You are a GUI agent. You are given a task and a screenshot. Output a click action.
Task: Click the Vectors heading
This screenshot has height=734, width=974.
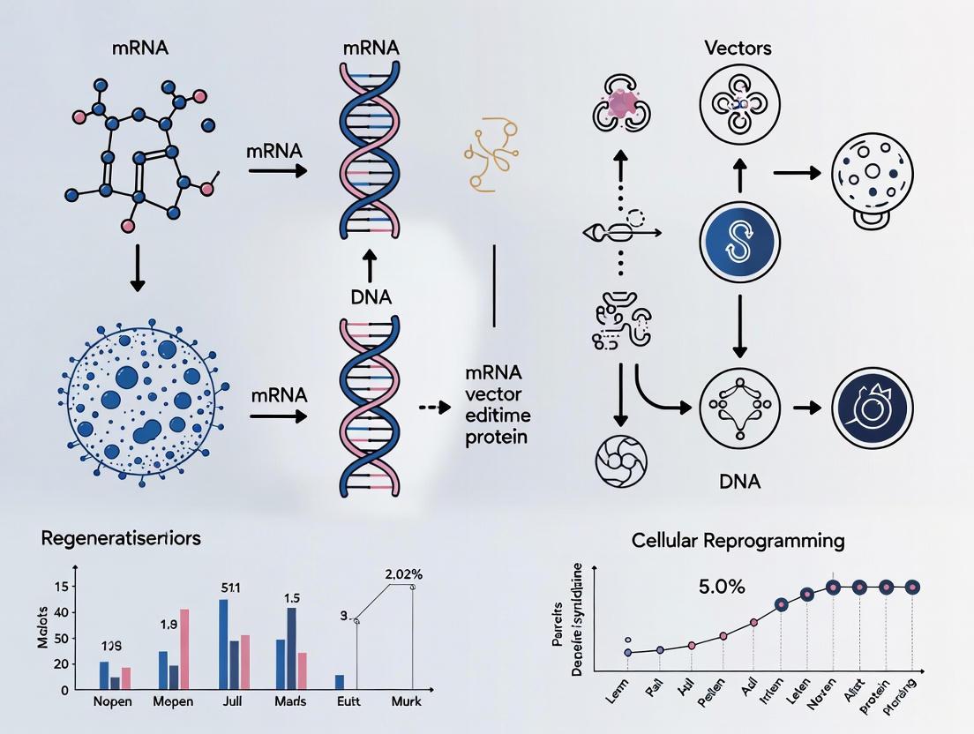(738, 48)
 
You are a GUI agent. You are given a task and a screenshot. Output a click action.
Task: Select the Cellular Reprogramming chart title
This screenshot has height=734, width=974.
(738, 540)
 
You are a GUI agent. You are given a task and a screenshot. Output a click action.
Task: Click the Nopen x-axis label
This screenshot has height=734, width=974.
(113, 702)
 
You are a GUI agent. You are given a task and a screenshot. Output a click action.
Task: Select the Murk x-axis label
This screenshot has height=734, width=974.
(405, 702)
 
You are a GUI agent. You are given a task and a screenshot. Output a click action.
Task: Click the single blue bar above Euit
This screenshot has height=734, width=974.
(339, 681)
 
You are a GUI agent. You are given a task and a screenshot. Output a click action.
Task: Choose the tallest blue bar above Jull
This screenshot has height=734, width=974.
(223, 643)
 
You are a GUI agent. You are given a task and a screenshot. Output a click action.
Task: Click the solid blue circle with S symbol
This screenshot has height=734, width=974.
(738, 239)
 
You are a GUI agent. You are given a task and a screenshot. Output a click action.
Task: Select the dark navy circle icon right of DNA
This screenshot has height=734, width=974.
(873, 408)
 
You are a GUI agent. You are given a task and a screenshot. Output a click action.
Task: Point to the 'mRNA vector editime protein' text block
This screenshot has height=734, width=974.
(496, 404)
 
